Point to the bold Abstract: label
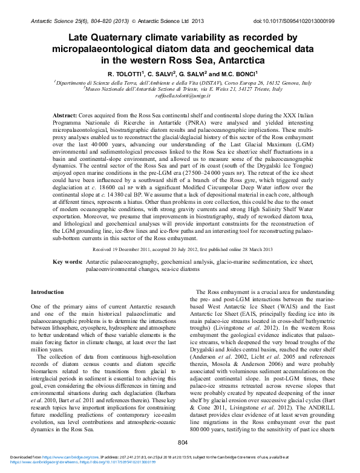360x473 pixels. tap(65, 114)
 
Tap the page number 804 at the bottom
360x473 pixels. tap(183, 460)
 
